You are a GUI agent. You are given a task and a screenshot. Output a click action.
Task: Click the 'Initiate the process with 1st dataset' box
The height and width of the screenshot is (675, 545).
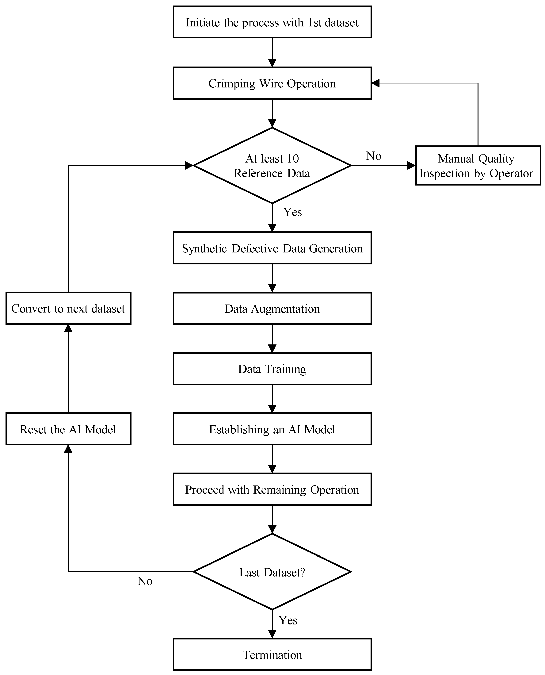click(x=272, y=22)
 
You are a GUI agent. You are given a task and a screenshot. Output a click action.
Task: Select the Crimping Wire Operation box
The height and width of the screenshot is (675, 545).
click(x=272, y=83)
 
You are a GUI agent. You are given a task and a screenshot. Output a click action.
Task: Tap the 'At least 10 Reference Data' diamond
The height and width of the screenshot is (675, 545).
click(x=272, y=165)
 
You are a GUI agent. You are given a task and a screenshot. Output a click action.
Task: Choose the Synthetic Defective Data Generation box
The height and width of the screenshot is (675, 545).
click(x=272, y=248)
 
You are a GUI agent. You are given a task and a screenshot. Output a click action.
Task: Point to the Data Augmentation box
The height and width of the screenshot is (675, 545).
click(x=272, y=308)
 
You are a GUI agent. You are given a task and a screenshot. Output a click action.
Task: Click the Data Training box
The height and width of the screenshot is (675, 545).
click(x=272, y=369)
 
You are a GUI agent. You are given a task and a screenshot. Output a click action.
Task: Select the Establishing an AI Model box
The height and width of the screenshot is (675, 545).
click(x=272, y=429)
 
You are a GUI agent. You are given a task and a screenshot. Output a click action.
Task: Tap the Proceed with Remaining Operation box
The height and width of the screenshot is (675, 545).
click(x=272, y=489)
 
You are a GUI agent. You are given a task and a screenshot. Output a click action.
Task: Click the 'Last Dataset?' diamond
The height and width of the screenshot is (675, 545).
click(x=272, y=572)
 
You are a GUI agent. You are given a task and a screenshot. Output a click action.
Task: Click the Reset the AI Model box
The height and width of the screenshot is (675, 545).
click(x=68, y=429)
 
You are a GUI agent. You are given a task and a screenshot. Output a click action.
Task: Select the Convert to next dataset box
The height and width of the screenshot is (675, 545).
click(x=68, y=308)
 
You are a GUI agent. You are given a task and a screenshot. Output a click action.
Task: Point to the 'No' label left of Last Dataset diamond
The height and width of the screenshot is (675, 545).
click(x=145, y=581)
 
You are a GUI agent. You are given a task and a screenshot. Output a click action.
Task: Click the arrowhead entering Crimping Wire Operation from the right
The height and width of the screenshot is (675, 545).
click(x=375, y=83)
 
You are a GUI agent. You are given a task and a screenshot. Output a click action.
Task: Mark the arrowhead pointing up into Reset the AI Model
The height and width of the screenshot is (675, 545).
click(x=68, y=449)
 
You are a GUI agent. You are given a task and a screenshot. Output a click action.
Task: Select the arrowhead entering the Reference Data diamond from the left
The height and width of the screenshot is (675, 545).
click(x=189, y=165)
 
